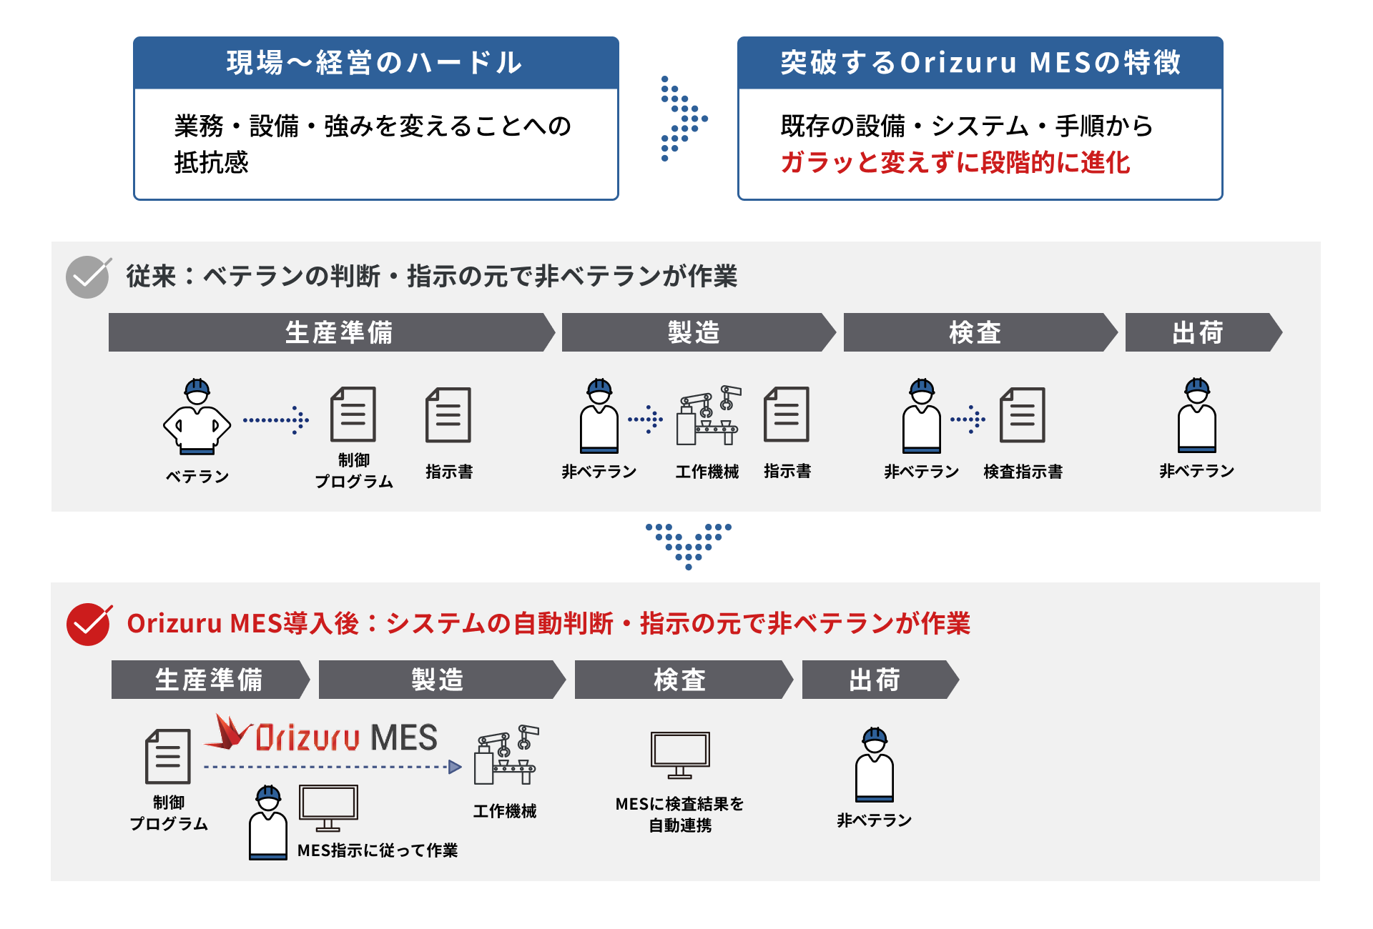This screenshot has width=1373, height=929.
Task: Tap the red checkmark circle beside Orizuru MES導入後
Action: tap(89, 625)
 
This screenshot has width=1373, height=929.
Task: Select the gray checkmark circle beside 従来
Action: tap(88, 277)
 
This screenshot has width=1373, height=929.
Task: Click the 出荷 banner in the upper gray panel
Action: tap(1203, 332)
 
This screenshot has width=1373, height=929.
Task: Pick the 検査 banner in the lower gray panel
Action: tap(683, 680)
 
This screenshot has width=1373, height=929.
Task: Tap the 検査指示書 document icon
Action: tap(1023, 415)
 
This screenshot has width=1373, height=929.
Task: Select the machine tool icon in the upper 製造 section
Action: tap(709, 416)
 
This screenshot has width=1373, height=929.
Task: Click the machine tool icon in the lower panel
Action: tap(506, 755)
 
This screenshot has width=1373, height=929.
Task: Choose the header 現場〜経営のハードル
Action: tap(375, 63)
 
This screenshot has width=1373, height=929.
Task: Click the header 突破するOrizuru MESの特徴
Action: tap(980, 63)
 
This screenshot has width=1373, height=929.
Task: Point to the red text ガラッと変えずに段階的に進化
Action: tap(955, 163)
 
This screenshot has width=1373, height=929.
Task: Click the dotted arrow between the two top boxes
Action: tap(684, 119)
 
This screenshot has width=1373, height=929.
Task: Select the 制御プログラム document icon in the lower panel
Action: tap(168, 757)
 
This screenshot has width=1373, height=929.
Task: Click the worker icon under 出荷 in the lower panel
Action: tap(875, 765)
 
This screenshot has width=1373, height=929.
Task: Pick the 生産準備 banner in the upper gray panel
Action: tap(332, 332)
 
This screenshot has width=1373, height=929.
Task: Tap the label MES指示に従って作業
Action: tap(378, 850)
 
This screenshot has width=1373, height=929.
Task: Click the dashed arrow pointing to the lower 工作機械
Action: tap(333, 767)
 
